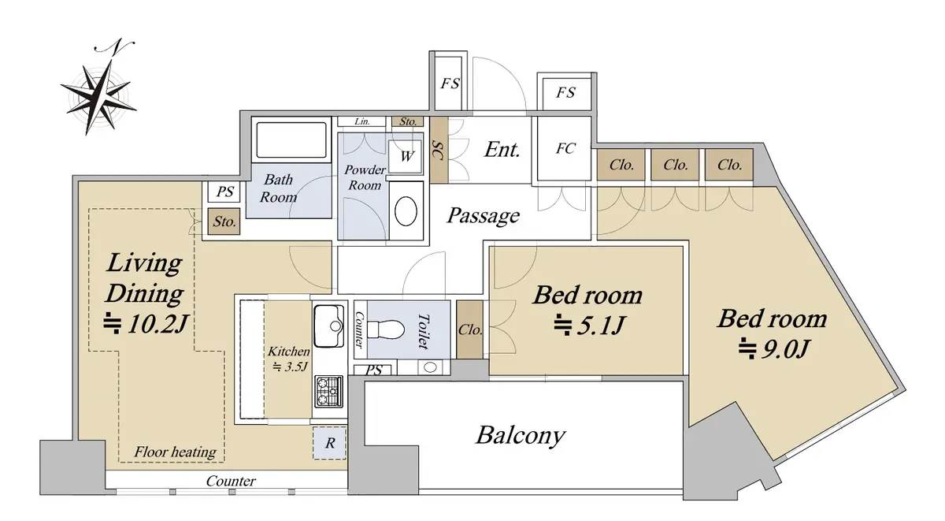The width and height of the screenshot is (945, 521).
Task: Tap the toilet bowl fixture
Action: point(388,327)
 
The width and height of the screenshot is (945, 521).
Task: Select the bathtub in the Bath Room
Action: point(291,141)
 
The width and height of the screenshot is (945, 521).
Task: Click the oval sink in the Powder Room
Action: point(406,212)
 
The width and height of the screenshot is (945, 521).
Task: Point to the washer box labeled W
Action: point(406,156)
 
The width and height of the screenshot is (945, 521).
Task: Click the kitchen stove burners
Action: point(328,389)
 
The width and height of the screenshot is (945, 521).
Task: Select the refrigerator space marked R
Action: point(330,444)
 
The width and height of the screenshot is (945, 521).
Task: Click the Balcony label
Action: point(521,435)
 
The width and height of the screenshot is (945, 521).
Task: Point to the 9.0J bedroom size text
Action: point(773,347)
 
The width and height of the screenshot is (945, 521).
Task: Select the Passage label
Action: point(484,215)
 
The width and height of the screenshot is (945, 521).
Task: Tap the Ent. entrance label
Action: point(502,150)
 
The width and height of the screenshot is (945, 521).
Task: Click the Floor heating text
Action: point(175,452)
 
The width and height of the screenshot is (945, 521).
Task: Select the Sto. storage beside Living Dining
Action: point(224,222)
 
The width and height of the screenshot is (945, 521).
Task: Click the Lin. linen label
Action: point(362,121)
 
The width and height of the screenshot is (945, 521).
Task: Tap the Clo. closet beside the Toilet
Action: point(470,330)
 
